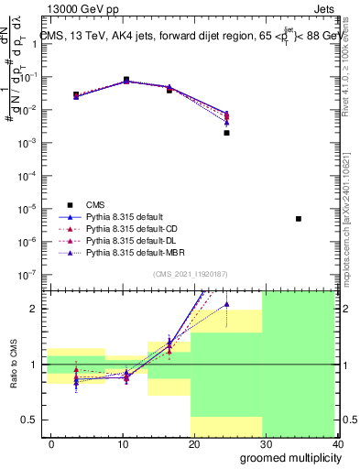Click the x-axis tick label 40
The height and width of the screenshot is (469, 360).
[337, 444]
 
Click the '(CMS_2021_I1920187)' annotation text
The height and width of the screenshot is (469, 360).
[191, 274]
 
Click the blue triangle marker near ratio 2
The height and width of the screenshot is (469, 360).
[226, 304]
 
